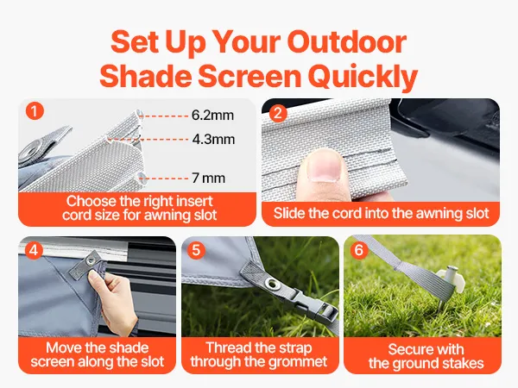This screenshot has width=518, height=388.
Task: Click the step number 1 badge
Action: coord(35,111)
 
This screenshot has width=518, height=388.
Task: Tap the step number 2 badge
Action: coord(278,114)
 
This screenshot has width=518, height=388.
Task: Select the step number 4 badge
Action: coord(34,250)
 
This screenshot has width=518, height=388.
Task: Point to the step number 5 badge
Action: coord(196,250)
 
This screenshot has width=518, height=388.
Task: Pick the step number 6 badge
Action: coord(359,250)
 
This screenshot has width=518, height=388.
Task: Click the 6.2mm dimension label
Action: coord(212,116)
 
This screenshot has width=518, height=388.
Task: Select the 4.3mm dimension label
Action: coord(213,139)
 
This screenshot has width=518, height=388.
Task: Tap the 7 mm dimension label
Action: coord(209,178)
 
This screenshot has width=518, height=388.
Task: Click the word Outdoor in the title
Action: coord(346,42)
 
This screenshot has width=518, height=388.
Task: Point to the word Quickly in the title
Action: coord(363,77)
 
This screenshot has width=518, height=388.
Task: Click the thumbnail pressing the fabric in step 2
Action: coord(324,165)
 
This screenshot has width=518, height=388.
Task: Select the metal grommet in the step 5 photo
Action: coord(273,284)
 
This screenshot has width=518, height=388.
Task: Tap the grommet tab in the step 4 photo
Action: coord(86,265)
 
